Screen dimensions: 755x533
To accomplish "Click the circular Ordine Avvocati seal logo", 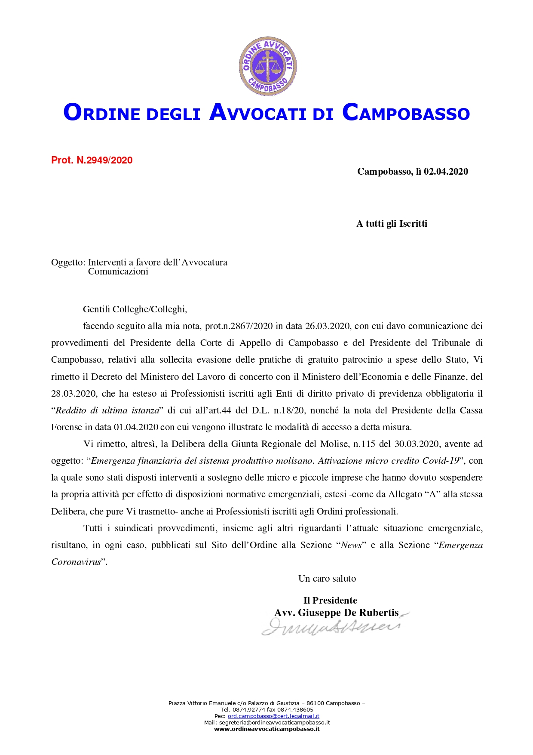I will point(268,66).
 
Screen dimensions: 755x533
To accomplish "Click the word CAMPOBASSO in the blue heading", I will point(406,113).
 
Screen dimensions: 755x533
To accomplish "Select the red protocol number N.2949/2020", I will point(104,160).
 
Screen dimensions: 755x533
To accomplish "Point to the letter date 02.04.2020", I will point(446,172).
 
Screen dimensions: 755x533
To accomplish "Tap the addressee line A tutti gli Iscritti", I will point(392,224).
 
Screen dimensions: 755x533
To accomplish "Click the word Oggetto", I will point(68,262).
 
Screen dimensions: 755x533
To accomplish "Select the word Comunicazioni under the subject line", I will point(118,271).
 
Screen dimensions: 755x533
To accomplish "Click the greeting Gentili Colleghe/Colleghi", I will point(135,309).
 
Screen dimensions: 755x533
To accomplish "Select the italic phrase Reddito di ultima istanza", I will point(107,410).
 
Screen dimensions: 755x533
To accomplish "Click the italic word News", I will point(351,545).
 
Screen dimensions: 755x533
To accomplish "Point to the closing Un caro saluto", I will point(327,579).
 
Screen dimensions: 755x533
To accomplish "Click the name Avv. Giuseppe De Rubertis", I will point(337,613).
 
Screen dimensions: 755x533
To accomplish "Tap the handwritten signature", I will point(331,627).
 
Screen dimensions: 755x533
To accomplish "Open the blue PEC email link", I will point(273,716).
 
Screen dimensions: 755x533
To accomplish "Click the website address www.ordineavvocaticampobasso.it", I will point(266,729).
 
